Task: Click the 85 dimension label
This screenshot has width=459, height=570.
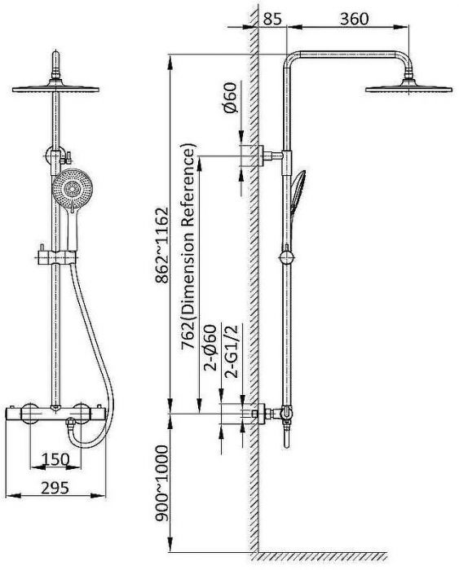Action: (272, 19)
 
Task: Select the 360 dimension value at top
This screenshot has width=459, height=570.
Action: (354, 19)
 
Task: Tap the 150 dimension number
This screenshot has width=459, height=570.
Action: (55, 459)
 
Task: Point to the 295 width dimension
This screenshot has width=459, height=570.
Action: (55, 488)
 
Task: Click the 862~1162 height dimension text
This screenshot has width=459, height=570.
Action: (162, 244)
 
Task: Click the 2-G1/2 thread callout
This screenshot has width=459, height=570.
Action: (232, 351)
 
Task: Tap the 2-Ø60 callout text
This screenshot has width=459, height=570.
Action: (210, 348)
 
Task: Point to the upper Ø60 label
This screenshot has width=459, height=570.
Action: (231, 98)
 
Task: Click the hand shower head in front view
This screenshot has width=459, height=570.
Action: (72, 189)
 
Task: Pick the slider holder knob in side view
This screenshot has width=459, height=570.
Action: (286, 257)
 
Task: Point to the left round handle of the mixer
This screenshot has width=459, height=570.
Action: (29, 414)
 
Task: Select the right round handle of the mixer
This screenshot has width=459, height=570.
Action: (81, 414)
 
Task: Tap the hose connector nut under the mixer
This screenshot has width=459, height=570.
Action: (70, 423)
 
